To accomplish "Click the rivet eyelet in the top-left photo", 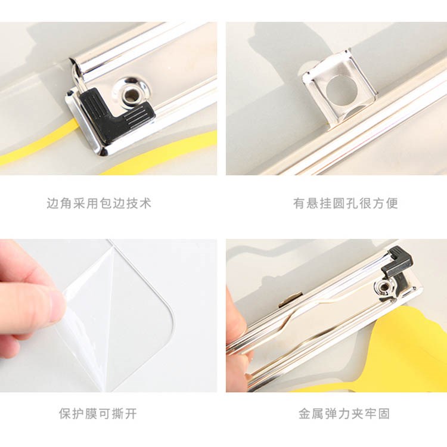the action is point(131,92).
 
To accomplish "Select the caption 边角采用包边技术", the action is point(99,203).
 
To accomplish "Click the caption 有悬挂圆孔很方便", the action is point(346,203).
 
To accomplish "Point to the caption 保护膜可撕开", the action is point(98,414).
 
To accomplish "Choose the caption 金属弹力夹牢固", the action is point(344,414).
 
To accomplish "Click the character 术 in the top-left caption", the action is point(145,203).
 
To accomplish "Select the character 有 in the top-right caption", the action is point(299,203).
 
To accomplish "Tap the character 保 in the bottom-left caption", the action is point(66,414).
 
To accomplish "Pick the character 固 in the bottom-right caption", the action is point(384,414).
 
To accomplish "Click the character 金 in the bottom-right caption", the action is point(305,414).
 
